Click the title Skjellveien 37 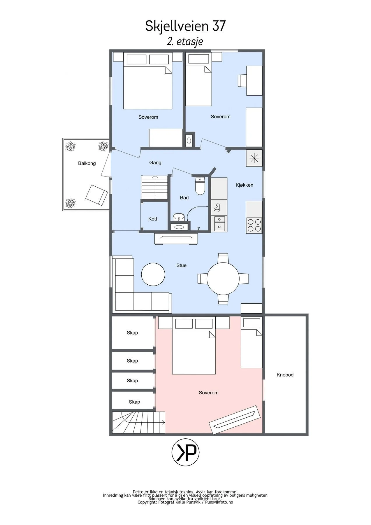coord(185,26)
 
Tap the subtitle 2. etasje coord(185,41)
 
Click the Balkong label coord(87,163)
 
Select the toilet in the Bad coord(200,186)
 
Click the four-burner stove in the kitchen coord(254,225)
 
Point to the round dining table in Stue coord(223,279)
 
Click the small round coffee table coord(153,274)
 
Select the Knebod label coord(285,375)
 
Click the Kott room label coord(153,219)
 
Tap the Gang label coord(155,163)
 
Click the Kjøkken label coord(245,185)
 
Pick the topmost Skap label coord(132,333)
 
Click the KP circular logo coord(186,453)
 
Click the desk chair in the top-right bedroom coord(242,80)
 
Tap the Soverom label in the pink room coord(209,393)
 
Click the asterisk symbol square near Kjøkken coord(254,158)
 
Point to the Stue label coord(181,265)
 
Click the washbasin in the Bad coord(178,217)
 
